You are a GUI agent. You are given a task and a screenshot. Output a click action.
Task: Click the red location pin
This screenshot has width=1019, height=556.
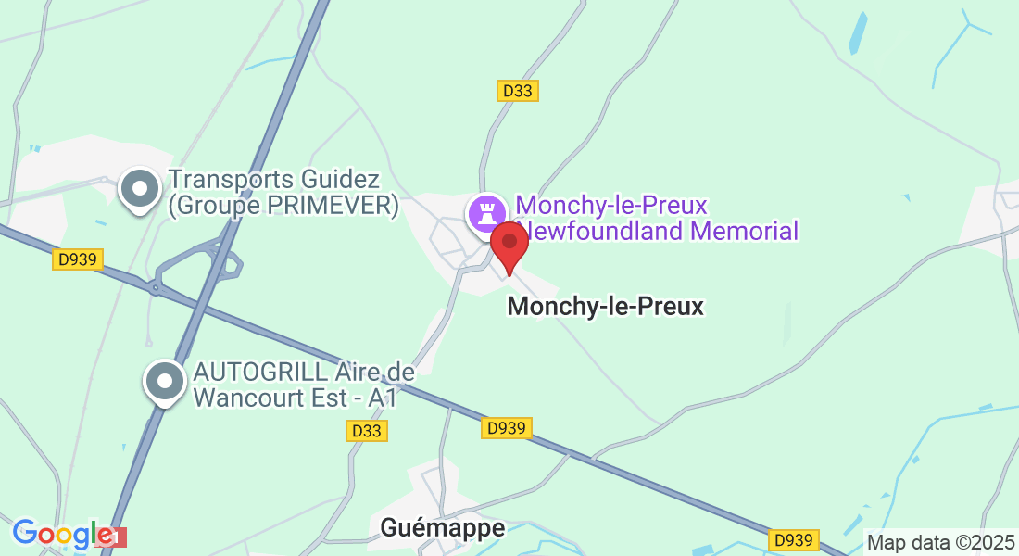[509, 244]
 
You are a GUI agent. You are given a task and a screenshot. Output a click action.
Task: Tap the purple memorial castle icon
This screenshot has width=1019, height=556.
[486, 213]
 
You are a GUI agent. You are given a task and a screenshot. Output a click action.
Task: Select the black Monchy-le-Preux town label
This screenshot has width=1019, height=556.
[605, 306]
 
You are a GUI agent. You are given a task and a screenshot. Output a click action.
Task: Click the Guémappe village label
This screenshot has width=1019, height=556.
[443, 528]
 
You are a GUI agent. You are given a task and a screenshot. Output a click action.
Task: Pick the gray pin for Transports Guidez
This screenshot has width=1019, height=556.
[140, 189]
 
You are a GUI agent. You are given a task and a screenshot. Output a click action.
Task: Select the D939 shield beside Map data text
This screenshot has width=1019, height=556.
[795, 539]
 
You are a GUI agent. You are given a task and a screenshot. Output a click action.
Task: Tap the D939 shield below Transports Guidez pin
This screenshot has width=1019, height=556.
[78, 259]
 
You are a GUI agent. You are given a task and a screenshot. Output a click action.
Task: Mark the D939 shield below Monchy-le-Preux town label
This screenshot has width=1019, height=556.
[507, 427]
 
